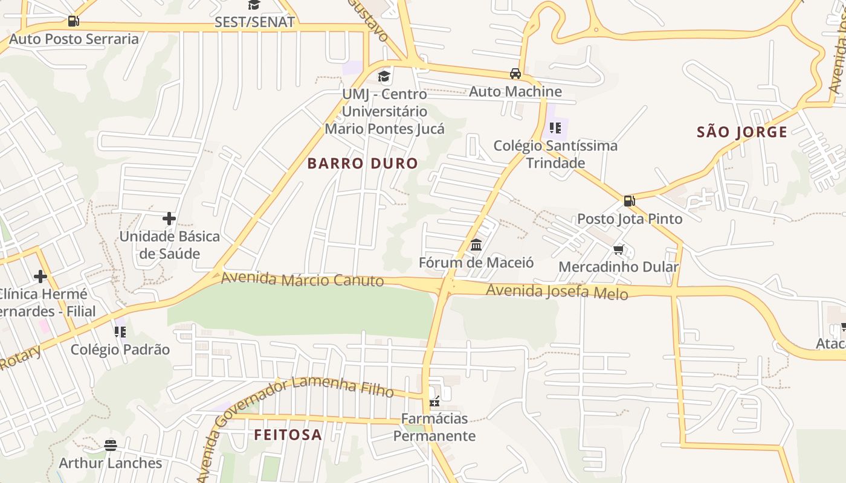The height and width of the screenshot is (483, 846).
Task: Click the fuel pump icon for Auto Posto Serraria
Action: click(73, 21)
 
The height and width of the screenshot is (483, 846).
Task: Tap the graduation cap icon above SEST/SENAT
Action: click(254, 5)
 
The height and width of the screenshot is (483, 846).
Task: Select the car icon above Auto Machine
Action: click(515, 74)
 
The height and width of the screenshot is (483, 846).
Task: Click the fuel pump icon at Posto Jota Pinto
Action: click(629, 201)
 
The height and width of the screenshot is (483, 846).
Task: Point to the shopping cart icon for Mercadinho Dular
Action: click(618, 249)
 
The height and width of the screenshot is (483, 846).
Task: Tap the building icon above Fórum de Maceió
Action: click(476, 245)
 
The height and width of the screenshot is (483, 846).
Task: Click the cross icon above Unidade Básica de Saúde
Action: click(169, 219)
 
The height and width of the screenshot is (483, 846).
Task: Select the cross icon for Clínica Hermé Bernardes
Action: click(40, 277)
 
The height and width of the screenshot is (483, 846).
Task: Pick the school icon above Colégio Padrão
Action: click(120, 331)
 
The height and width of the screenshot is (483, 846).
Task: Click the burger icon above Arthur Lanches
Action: click(110, 446)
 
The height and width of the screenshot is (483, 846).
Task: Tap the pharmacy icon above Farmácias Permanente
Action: click(434, 401)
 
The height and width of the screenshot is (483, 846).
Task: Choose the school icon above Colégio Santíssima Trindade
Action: click(555, 128)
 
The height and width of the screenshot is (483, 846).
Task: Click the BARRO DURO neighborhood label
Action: click(363, 163)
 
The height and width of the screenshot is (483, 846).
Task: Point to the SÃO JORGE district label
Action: click(742, 132)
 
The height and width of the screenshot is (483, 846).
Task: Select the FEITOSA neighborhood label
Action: click(288, 435)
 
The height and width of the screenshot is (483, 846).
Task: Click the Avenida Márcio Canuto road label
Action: click(302, 280)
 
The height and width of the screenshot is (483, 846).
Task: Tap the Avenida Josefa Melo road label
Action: click(557, 292)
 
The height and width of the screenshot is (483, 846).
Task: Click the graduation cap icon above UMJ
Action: click(384, 77)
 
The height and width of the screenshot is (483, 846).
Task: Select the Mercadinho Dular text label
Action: click(619, 267)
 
